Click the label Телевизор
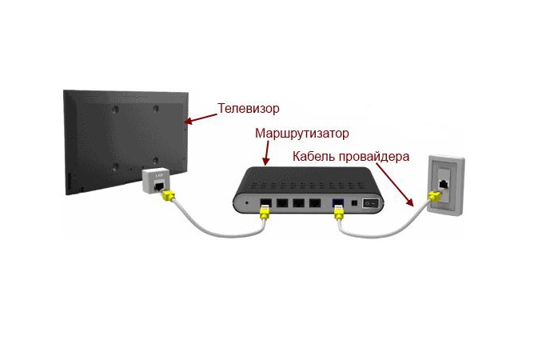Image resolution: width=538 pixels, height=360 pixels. (x=249, y=109)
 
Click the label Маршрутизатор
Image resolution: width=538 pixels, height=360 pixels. (x=302, y=134)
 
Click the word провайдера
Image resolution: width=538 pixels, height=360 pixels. (x=374, y=157)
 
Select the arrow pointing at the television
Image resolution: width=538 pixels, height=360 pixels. (x=201, y=118)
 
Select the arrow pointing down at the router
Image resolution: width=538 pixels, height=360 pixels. (x=266, y=153)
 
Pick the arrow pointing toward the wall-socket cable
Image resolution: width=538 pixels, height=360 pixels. (x=394, y=185)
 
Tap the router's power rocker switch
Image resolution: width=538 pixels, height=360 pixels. (x=370, y=202)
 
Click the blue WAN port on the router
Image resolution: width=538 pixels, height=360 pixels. (x=338, y=202)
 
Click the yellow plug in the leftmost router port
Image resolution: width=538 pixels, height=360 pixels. (x=264, y=212)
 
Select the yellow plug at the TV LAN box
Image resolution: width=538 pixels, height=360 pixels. (x=168, y=196)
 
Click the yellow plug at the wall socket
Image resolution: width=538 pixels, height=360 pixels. (x=434, y=197)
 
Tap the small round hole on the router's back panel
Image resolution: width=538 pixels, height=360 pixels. (x=247, y=202)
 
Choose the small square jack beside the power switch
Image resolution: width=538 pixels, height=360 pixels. (x=355, y=202)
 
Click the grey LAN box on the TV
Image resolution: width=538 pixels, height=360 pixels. (x=156, y=181)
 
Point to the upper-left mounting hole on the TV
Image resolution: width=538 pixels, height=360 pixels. (x=116, y=110)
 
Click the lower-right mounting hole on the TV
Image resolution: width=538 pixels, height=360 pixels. (x=156, y=161)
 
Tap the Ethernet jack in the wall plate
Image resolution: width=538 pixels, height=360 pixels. (x=444, y=184)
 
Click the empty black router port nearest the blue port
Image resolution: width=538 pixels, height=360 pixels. (x=315, y=202)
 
